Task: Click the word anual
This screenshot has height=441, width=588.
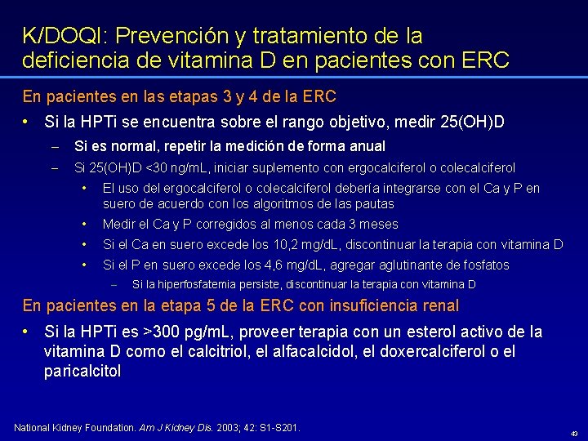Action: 367,146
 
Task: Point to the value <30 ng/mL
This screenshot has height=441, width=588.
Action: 179,168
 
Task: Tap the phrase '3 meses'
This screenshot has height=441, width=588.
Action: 375,224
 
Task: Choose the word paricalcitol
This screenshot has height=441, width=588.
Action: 82,372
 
